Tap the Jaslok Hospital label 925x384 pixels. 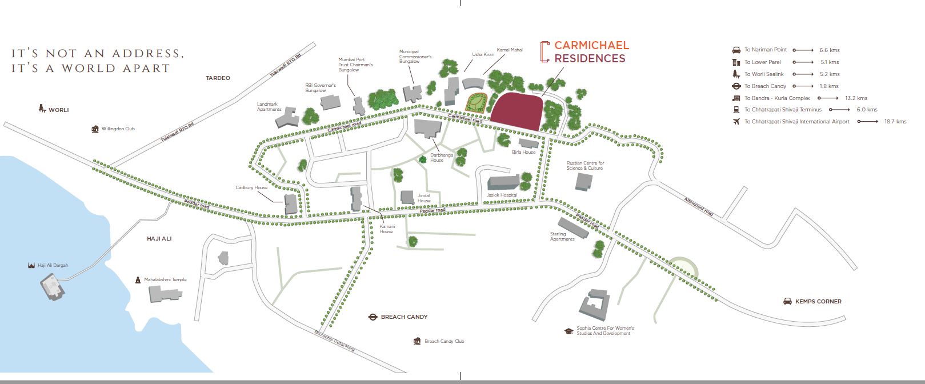502,195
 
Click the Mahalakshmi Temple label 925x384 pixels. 165,279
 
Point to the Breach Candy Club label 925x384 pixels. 444,341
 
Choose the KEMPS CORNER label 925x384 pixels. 818,301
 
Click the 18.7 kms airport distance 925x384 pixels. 895,122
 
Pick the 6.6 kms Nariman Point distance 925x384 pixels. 829,50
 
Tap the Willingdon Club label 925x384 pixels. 118,129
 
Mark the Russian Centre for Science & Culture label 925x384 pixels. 585,166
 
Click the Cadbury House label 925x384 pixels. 251,187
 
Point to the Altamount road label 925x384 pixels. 698,206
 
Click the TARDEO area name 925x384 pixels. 218,78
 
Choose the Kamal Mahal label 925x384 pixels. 510,50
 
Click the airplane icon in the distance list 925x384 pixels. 736,122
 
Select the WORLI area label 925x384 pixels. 58,110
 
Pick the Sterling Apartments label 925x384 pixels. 562,237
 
